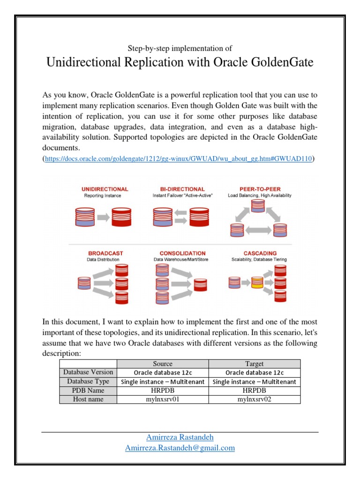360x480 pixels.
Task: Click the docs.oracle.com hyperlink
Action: tap(178, 159)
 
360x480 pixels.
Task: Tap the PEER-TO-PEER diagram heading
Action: tap(259, 189)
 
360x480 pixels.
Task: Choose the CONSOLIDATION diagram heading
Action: tap(182, 253)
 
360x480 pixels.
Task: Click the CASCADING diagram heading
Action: tap(260, 253)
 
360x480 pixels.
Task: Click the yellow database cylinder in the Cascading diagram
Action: tap(256, 283)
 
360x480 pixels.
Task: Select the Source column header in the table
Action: tap(162, 364)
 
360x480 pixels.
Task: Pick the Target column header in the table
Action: tap(254, 364)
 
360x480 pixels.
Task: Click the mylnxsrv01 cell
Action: tap(162, 399)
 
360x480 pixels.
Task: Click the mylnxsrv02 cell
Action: tap(254, 399)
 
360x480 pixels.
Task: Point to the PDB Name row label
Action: tap(88, 390)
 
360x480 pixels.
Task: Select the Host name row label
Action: tap(88, 399)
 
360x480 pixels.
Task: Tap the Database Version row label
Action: tap(88, 372)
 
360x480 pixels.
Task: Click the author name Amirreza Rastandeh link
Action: tap(180, 437)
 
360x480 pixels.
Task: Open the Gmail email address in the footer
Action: tap(180, 448)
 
